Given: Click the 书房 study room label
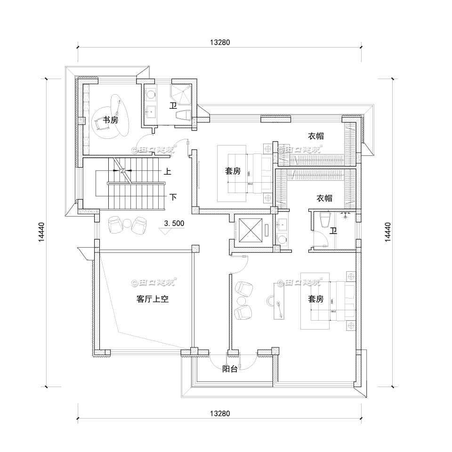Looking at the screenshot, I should (111, 121).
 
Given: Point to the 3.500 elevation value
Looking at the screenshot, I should (174, 224).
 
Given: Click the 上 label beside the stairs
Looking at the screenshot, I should (167, 172).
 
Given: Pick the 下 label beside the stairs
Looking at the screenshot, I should (173, 197).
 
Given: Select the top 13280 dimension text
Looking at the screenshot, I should (219, 42).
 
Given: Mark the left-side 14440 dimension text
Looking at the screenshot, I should (42, 232).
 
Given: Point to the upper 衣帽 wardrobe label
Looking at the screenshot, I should (316, 136).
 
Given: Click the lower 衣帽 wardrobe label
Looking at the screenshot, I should (324, 198).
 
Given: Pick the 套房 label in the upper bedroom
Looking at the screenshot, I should (233, 171).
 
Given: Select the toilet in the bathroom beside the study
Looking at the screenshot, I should (183, 114).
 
